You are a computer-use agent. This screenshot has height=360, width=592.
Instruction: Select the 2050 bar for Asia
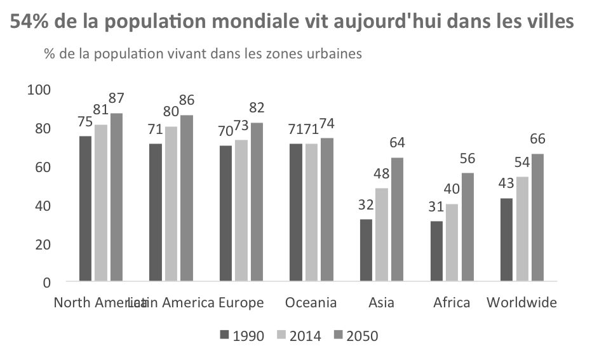tap(396, 219)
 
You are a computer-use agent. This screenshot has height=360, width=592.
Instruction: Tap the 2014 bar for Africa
tap(452, 243)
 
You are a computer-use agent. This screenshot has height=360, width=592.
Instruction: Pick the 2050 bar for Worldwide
tap(537, 217)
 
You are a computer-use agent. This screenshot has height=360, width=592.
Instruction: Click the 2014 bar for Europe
tap(241, 210)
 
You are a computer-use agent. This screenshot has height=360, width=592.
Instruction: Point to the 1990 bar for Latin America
tap(156, 212)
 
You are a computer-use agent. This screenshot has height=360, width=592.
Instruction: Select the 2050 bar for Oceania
tap(326, 210)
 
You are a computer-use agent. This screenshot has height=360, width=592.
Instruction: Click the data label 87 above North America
tap(116, 98)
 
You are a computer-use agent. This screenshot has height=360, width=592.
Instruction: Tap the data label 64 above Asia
tap(397, 142)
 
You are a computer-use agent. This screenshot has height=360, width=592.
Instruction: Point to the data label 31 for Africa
tap(436, 207)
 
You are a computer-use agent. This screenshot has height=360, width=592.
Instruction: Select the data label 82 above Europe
tap(257, 107)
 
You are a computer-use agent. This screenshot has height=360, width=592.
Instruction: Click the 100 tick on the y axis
tap(39, 90)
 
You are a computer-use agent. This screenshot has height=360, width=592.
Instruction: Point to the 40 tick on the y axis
tap(43, 206)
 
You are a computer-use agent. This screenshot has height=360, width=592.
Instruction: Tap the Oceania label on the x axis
tap(311, 302)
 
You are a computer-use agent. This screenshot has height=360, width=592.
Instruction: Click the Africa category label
tap(452, 302)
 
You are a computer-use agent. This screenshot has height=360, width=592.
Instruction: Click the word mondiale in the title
tap(255, 23)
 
